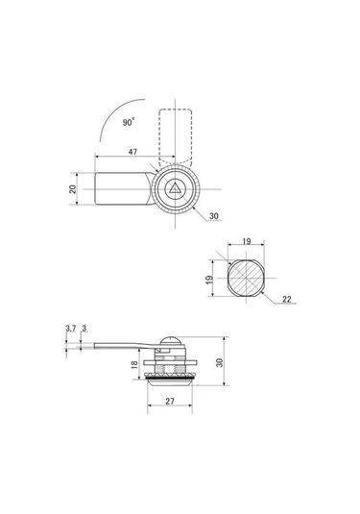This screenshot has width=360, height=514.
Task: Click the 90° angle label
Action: point(129,122)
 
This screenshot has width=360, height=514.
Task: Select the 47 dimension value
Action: point(132,152)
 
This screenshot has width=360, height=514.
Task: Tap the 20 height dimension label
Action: point(73,189)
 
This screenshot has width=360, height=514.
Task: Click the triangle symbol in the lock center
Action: point(175,188)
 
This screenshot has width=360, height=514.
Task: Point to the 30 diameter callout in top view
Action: point(213,216)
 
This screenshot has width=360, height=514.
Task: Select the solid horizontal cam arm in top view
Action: point(125,188)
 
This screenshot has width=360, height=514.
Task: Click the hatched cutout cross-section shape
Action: point(246,278)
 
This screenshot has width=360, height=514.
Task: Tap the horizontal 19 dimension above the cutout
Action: point(247,241)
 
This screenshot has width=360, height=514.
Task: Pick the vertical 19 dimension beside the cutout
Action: point(209,280)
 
